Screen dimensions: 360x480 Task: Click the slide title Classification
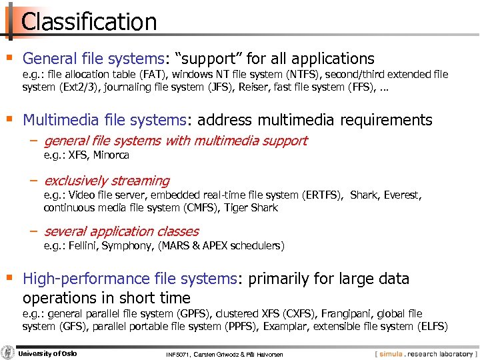[89, 21]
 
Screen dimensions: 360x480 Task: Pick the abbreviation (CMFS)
[198, 207]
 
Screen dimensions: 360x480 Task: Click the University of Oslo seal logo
[9, 353]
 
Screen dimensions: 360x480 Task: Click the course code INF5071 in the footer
[179, 355]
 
